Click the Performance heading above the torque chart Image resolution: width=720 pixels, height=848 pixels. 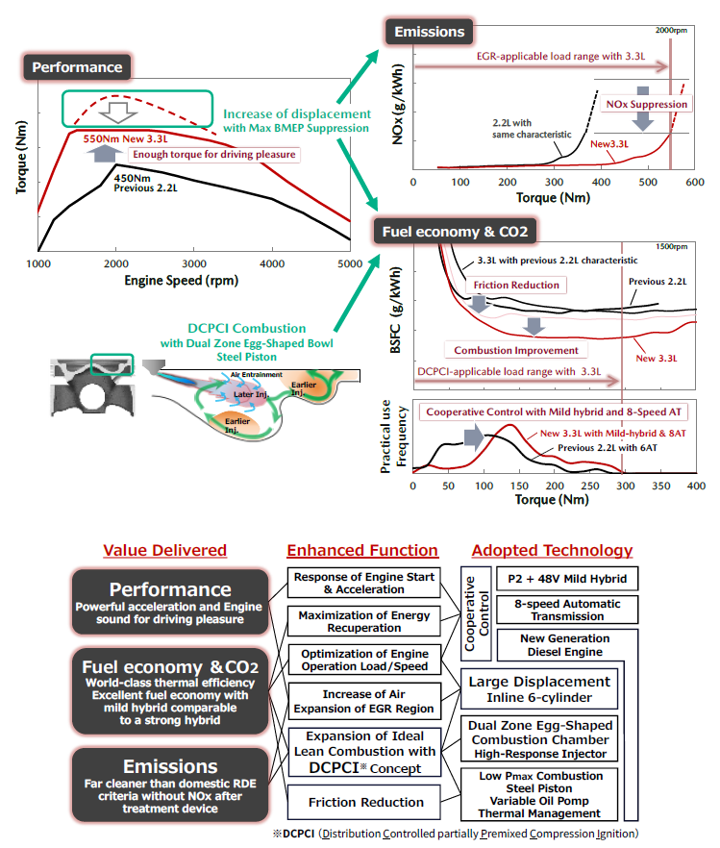tap(77, 67)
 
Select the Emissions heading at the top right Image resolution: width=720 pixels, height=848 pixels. tap(430, 32)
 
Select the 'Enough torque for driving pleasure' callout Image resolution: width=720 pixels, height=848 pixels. tap(213, 154)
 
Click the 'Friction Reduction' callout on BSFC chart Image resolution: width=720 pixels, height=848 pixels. tap(515, 285)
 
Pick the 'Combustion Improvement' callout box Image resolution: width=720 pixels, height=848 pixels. tap(515, 350)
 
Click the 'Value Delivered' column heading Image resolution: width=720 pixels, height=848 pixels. tap(164, 550)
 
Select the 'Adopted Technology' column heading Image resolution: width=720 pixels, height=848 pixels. tap(551, 550)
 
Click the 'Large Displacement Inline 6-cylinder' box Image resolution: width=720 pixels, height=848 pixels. tap(538, 689)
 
